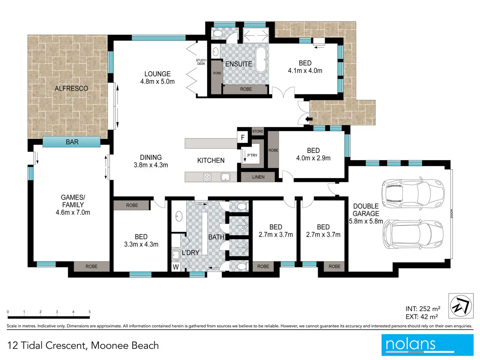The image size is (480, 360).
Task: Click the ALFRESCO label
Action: (71, 88)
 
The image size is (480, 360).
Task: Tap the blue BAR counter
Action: (71, 142)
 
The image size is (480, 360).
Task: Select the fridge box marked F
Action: (243, 138)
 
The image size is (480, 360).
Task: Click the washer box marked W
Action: (176, 267)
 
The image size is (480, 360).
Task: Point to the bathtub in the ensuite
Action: (261, 59)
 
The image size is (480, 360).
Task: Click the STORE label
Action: (258, 131)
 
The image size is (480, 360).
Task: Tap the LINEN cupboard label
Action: (258, 177)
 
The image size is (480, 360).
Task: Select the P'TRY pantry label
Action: (252, 156)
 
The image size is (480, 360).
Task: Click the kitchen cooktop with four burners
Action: (207, 177)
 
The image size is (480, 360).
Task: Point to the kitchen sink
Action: (225, 177)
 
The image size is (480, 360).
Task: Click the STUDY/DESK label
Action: (201, 62)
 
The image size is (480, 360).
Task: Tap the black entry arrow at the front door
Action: (309, 119)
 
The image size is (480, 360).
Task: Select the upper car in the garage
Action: (413, 193)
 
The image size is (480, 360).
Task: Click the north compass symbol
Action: (461, 306)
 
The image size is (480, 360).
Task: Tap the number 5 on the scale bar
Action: (89, 312)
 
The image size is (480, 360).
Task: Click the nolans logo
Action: (427, 345)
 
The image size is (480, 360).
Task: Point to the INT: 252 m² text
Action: (423, 308)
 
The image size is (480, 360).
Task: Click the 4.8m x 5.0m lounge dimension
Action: (157, 82)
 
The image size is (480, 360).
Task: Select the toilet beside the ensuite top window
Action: (217, 34)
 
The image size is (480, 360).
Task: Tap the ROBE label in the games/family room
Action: (91, 266)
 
